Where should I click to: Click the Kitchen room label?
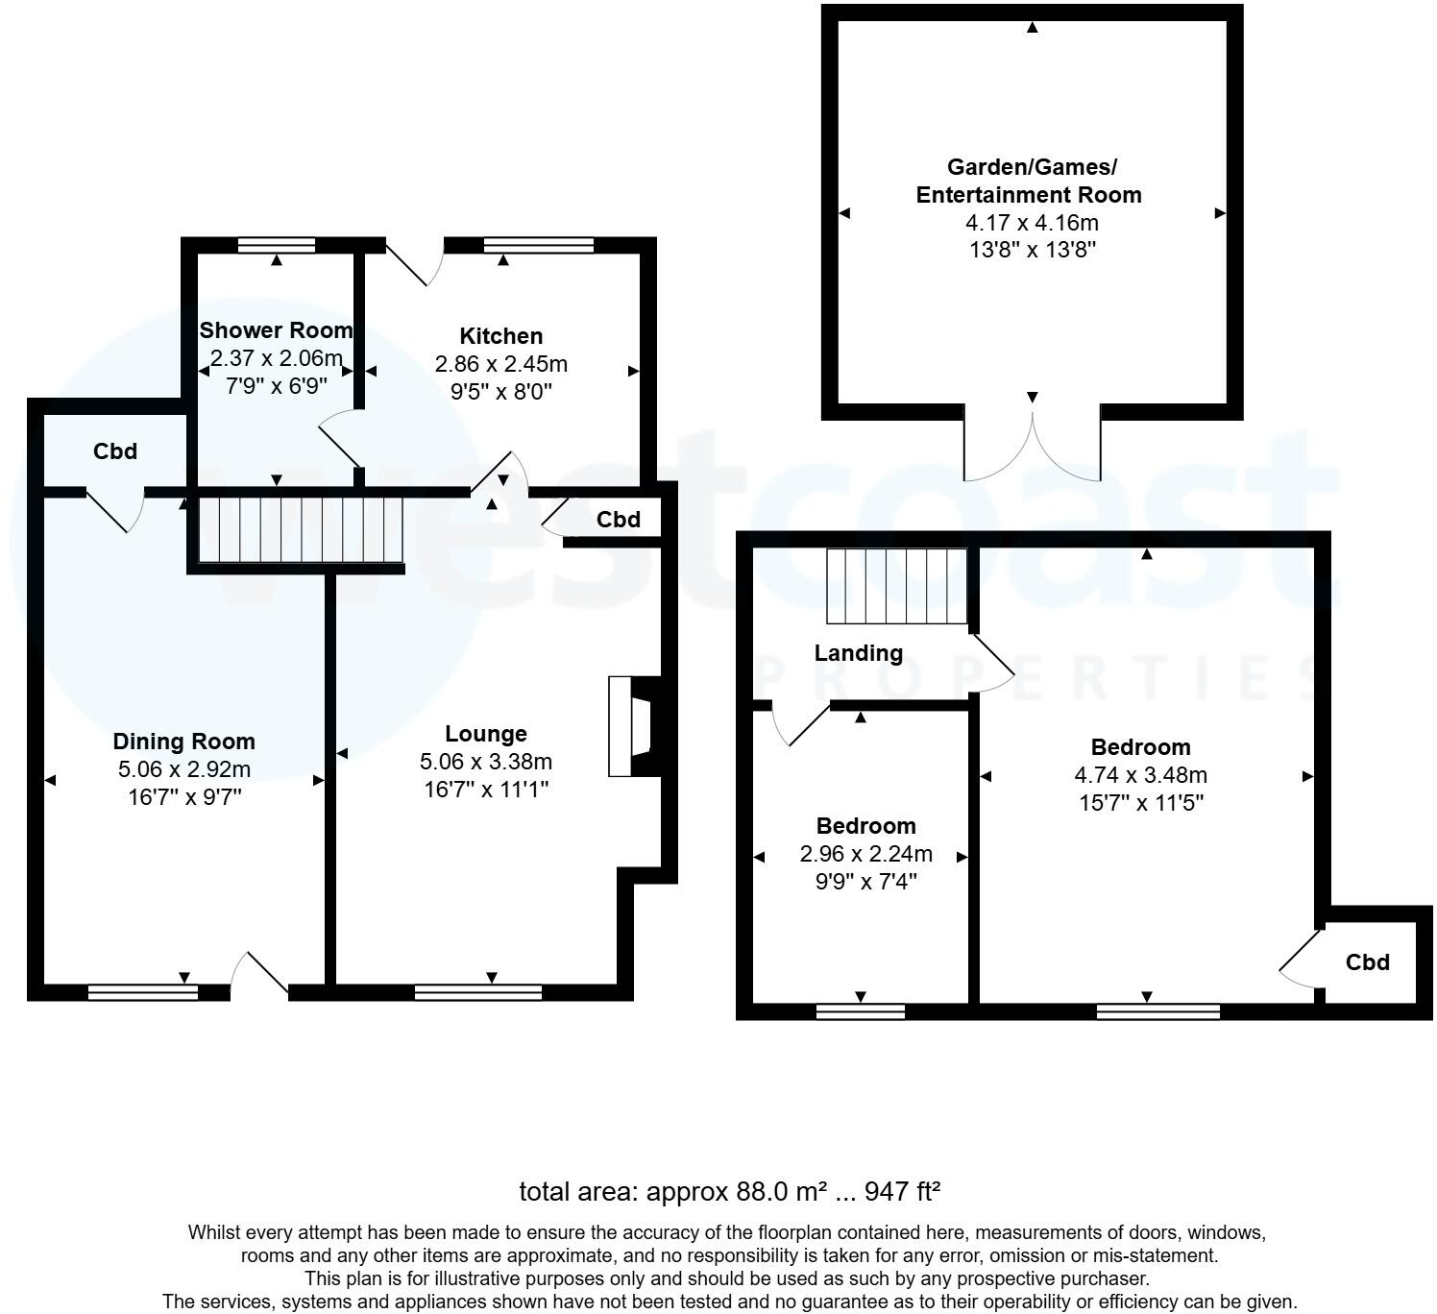(500, 336)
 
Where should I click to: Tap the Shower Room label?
(276, 330)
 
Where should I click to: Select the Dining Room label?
(183, 742)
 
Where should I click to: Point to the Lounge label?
(486, 734)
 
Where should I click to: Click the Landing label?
(859, 653)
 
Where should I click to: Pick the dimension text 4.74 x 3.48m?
(1141, 775)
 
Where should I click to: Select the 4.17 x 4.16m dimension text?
(1032, 223)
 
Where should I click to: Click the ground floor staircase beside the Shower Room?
(299, 529)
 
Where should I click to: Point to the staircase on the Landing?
(896, 586)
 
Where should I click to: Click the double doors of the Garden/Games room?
(1033, 448)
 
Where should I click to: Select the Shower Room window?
(277, 245)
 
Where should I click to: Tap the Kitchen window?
(539, 245)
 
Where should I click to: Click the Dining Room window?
(143, 992)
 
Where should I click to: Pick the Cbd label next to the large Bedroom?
(1367, 962)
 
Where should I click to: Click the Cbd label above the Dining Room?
(115, 451)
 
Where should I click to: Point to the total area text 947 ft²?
(902, 1192)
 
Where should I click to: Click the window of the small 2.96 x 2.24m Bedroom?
(860, 1011)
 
